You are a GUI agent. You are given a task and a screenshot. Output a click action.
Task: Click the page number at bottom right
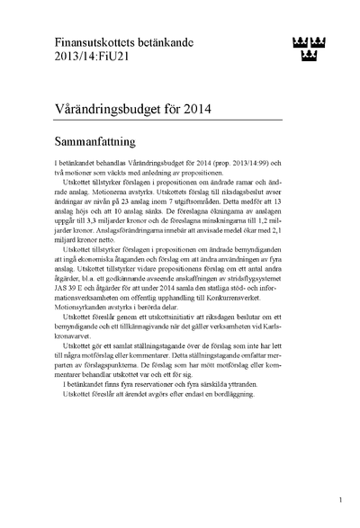click(339, 500)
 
